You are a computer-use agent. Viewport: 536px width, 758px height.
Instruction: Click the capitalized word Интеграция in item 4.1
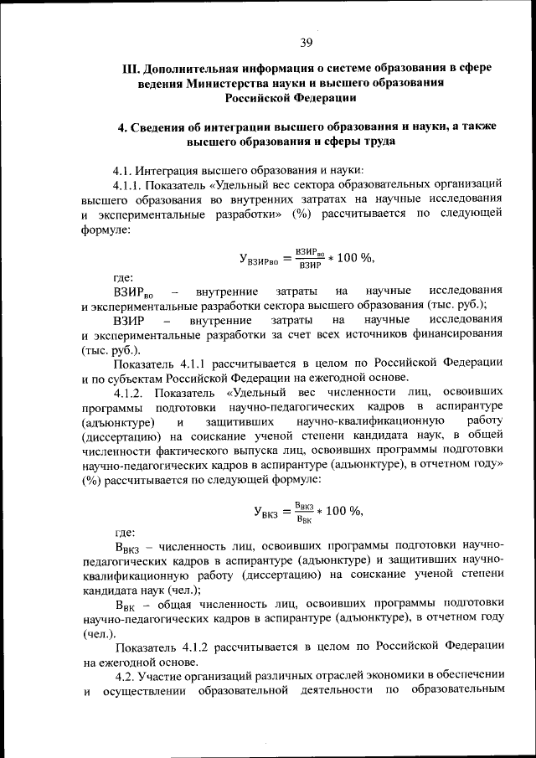[173, 168]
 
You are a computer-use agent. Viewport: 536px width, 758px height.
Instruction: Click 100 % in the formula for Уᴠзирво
[351, 257]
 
